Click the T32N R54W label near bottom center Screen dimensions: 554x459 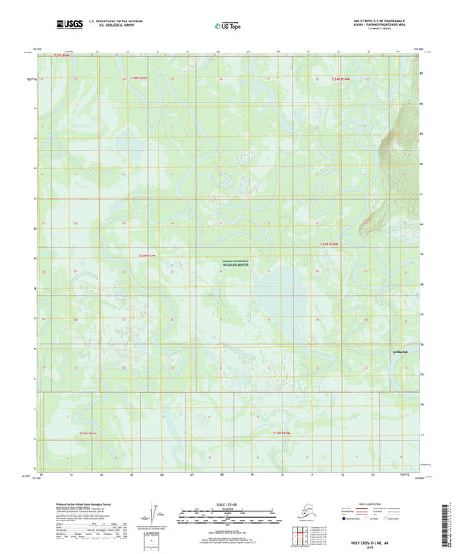(283, 432)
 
